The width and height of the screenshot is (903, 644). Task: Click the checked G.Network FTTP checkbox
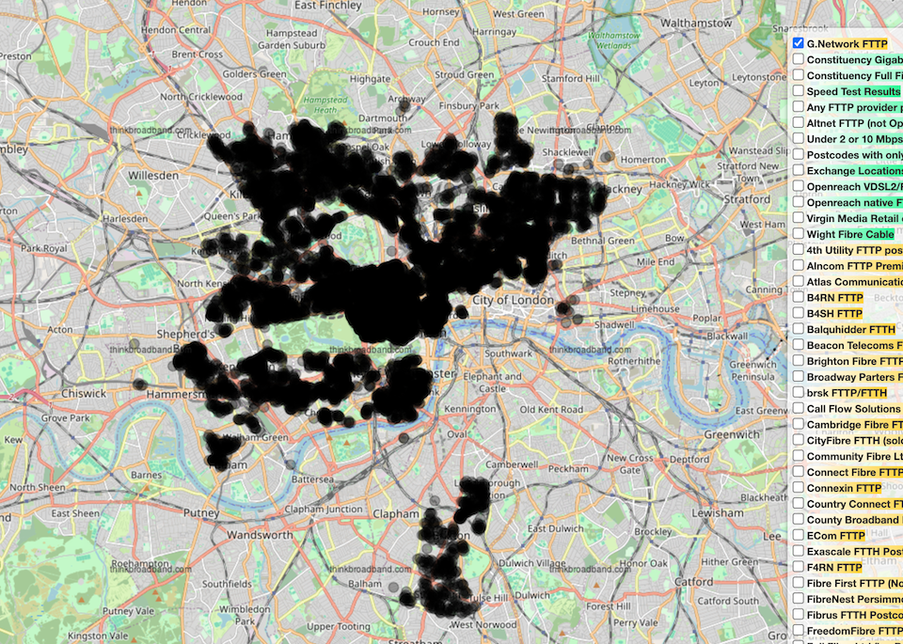pyautogui.click(x=798, y=43)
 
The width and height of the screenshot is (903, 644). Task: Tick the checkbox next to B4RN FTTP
pyautogui.click(x=798, y=297)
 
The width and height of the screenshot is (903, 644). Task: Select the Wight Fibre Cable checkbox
pyautogui.click(x=798, y=233)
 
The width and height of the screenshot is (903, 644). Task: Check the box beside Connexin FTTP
pyautogui.click(x=798, y=488)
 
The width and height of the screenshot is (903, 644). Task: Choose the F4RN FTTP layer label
pyautogui.click(x=833, y=567)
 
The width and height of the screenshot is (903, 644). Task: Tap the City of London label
pyautogui.click(x=509, y=300)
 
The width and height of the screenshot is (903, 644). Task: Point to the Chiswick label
pyautogui.click(x=84, y=393)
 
